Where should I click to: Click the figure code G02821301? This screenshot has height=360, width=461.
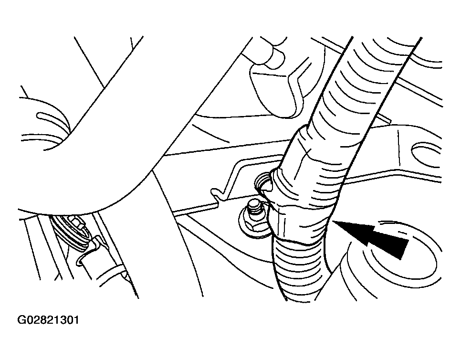coord(48,320)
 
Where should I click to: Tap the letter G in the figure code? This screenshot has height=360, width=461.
coord(21,320)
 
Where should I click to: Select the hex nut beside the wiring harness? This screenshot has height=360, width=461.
coord(254,221)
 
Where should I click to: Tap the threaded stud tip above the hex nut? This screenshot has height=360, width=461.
coord(254,204)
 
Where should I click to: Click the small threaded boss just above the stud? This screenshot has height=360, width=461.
coord(262,183)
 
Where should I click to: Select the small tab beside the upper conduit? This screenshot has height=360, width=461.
coord(385,117)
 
